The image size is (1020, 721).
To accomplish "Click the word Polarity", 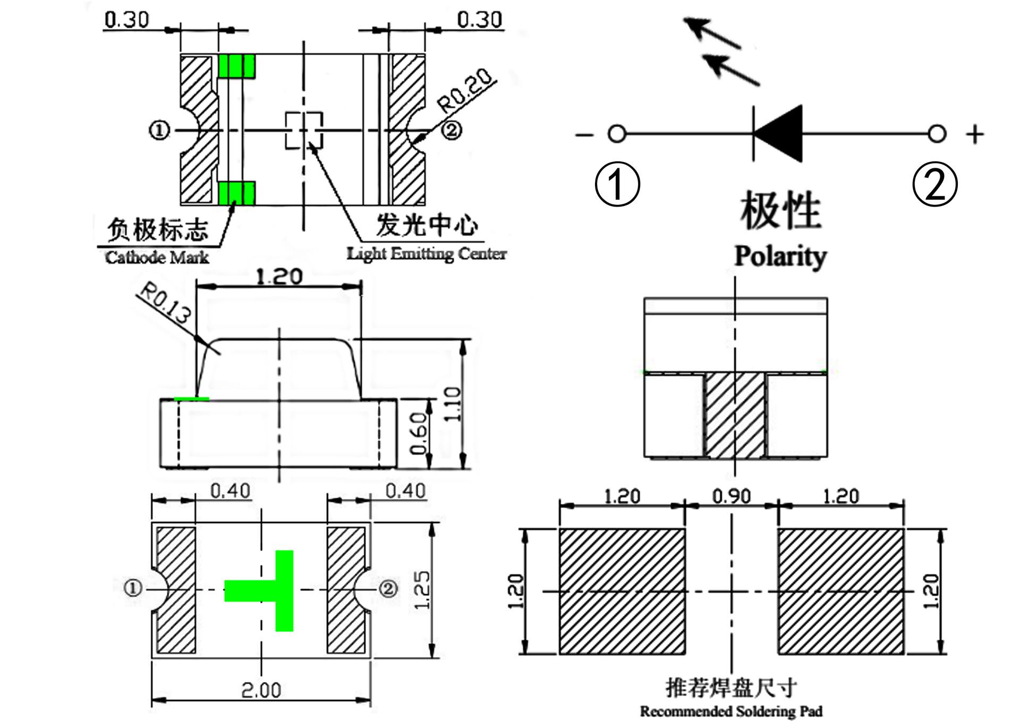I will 780,256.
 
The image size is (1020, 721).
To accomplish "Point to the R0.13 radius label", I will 164,304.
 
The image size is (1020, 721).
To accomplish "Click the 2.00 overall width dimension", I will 261,690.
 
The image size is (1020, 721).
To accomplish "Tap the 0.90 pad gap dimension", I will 732,496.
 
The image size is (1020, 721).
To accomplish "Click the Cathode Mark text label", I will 157,258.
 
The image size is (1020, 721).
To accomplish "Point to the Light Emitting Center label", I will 427,254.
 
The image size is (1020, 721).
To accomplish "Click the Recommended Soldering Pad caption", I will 731,711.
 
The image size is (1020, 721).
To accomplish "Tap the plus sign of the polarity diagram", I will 974,134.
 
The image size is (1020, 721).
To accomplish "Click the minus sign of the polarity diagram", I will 584,134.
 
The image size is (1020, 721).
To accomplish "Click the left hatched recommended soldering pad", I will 621,591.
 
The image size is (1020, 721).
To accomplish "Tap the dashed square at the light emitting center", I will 304,130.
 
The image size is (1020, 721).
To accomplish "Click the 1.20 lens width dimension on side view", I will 279,277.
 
